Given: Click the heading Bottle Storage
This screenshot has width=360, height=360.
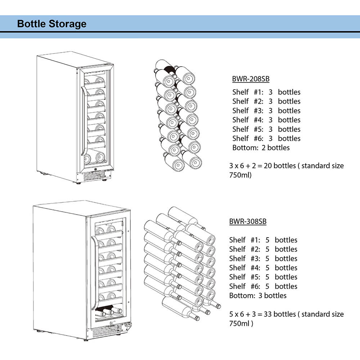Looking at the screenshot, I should (x=52, y=24).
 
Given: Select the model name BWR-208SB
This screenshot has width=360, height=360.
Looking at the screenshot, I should (x=251, y=79).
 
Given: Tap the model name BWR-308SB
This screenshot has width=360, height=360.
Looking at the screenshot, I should (x=248, y=221).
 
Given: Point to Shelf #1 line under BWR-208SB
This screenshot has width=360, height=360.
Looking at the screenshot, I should (x=266, y=92).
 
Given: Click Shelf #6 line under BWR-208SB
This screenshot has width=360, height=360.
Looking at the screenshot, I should (x=266, y=138).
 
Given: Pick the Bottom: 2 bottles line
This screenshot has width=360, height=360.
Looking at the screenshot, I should (x=261, y=148).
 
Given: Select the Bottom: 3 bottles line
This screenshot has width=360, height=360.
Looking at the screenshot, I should (x=258, y=296).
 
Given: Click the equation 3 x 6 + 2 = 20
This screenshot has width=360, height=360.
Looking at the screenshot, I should (x=251, y=166).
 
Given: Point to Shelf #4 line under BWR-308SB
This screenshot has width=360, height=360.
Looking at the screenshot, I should (x=263, y=268).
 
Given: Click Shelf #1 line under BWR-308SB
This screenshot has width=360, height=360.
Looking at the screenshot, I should (x=263, y=240).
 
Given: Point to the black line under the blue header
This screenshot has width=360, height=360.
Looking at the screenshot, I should (x=180, y=32).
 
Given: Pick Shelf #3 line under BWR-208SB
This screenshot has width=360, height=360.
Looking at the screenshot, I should (x=266, y=111).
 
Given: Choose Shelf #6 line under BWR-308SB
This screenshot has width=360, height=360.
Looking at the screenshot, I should (x=263, y=286).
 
